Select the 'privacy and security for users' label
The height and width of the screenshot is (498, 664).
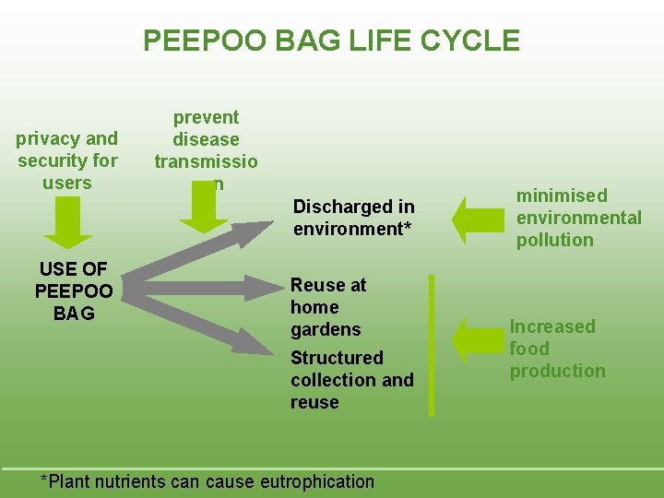(x=67, y=160)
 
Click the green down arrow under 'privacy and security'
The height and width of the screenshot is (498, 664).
(x=68, y=222)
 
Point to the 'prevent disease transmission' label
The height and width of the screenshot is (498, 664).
(x=206, y=149)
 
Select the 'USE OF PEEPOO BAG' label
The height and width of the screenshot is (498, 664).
(x=73, y=290)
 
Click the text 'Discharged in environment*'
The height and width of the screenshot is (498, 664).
(x=353, y=218)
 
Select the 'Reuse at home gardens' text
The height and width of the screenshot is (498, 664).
(x=327, y=307)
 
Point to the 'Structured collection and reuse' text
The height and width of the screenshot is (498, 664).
(x=350, y=379)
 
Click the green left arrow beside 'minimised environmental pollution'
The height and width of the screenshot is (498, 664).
(x=476, y=218)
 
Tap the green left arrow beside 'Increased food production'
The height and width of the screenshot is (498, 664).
(x=476, y=338)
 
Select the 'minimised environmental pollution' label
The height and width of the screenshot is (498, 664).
(x=577, y=218)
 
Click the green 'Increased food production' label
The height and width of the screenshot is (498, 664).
(x=557, y=349)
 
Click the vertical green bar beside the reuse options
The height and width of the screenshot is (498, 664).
(x=431, y=346)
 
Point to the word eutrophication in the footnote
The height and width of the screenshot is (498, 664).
(x=318, y=481)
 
